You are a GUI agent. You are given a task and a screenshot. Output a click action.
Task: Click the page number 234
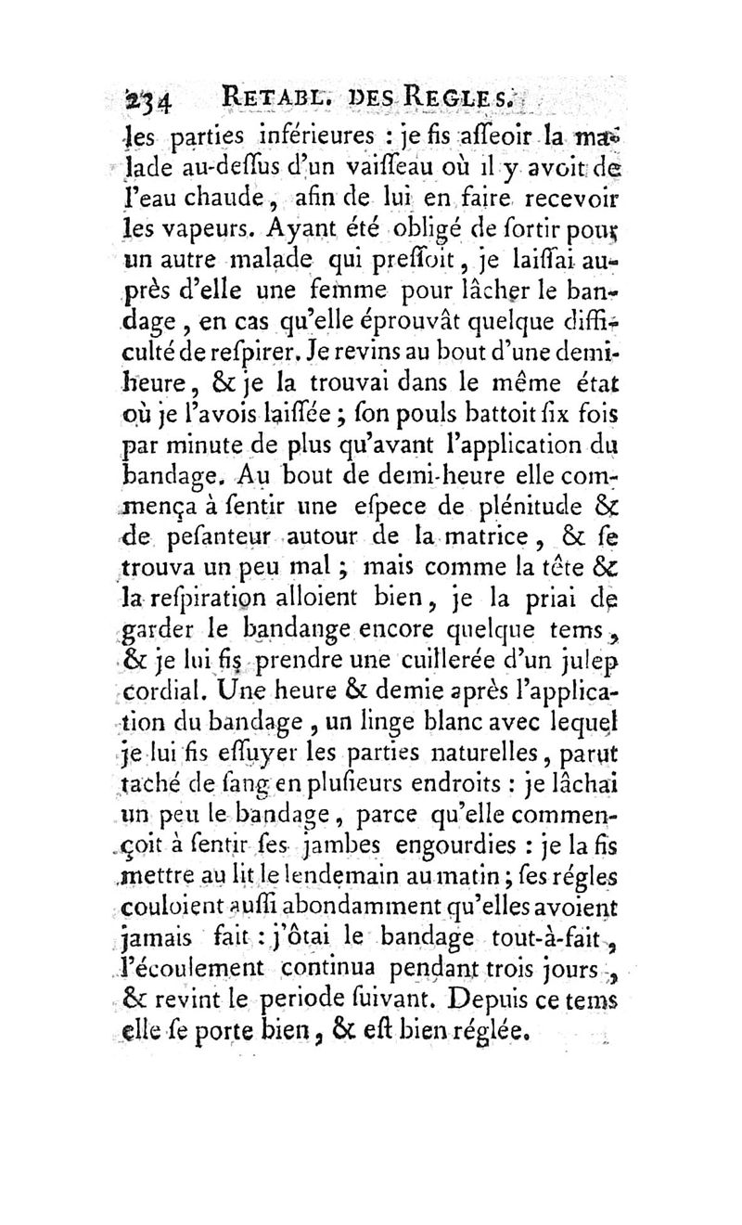pyautogui.click(x=151, y=98)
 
